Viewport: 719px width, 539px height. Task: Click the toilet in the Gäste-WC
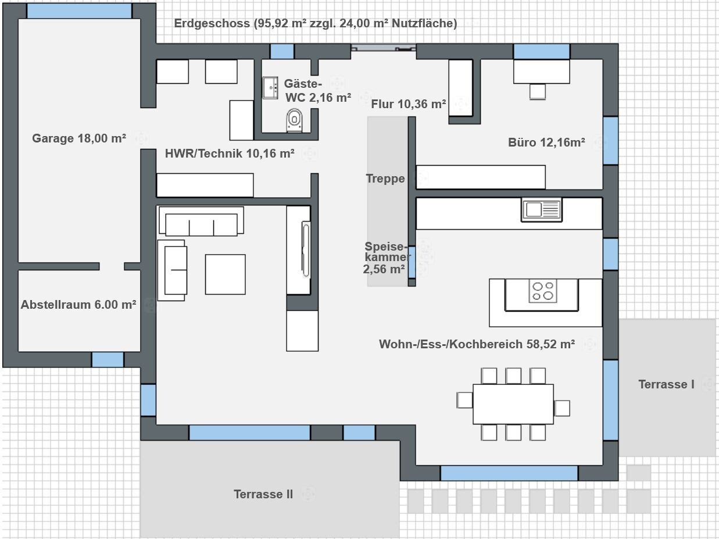tap(294, 120)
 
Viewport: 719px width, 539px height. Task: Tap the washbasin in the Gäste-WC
tap(270, 88)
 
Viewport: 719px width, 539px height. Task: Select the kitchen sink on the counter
tap(542, 210)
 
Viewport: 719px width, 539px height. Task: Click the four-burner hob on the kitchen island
tap(543, 291)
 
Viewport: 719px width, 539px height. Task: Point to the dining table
tap(513, 404)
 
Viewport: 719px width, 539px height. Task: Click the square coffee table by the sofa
tap(226, 274)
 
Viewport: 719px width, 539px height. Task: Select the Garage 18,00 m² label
tap(79, 138)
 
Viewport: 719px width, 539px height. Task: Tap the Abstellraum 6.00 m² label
tap(78, 305)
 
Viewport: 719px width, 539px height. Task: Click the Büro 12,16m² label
tap(546, 142)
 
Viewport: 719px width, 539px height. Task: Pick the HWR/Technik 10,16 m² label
tap(230, 154)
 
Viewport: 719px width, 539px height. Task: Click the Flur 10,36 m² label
tap(408, 104)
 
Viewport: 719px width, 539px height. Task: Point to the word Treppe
tap(385, 179)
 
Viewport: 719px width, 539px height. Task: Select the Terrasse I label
tap(666, 384)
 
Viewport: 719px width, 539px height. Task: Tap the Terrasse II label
tap(263, 494)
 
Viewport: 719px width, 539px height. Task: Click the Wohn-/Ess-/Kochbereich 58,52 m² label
tap(477, 344)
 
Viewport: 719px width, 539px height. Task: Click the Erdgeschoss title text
tap(316, 23)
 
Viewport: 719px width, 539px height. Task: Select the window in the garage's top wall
tap(79, 11)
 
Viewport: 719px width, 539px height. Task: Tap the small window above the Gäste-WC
tap(282, 51)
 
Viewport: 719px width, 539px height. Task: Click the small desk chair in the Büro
tap(538, 91)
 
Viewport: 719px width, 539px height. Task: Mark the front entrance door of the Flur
tap(384, 48)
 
